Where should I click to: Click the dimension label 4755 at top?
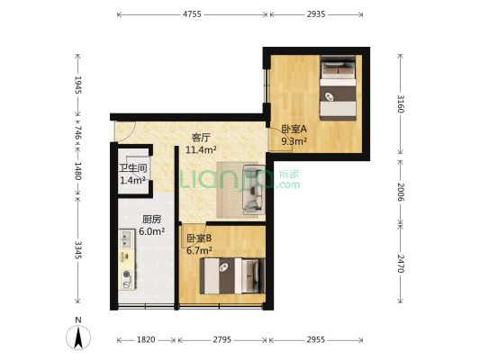pyautogui.click(x=192, y=15)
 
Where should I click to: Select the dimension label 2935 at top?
pyautogui.click(x=315, y=15)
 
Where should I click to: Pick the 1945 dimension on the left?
pyautogui.click(x=78, y=86)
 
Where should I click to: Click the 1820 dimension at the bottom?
pyautogui.click(x=146, y=340)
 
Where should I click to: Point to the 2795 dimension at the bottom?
pyautogui.click(x=221, y=340)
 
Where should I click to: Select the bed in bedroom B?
pyautogui.click(x=233, y=274)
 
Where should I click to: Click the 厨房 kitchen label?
pyautogui.click(x=152, y=219)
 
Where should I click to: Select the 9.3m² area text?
pyautogui.click(x=294, y=141)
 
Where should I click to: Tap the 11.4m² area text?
pyautogui.click(x=200, y=150)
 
